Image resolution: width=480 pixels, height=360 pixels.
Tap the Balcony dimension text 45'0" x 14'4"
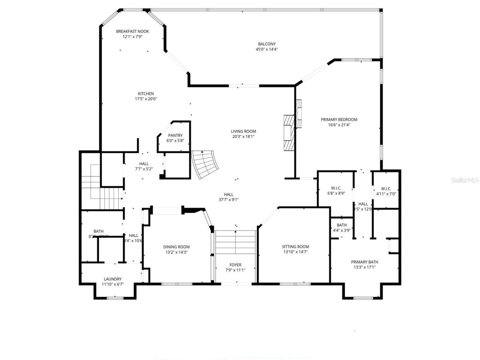(267, 49)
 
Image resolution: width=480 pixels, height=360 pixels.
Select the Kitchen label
(146, 94)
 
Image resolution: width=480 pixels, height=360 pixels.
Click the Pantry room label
(175, 135)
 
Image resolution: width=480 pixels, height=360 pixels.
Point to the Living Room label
(243, 131)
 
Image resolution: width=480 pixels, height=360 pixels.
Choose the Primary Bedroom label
(339, 120)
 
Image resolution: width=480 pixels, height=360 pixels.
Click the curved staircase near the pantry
(204, 164)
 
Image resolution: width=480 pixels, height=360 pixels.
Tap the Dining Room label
(176, 247)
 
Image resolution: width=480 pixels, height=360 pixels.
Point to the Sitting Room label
(295, 247)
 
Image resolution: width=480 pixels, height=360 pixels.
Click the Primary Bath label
(364, 262)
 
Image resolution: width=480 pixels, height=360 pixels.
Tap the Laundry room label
(112, 279)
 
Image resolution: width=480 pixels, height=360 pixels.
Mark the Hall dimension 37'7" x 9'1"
(229, 199)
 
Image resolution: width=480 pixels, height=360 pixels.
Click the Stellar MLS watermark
(465, 180)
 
